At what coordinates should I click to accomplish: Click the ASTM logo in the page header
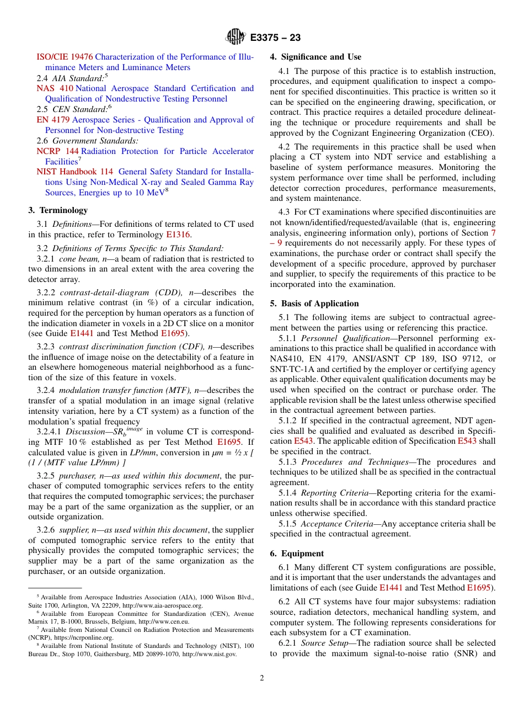(236, 37)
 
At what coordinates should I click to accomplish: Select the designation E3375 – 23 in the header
(275, 38)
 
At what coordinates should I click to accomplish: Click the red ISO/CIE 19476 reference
(65, 57)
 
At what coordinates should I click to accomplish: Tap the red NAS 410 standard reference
(55, 88)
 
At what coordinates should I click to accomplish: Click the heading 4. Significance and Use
(316, 57)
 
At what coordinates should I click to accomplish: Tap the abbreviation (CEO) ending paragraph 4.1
(482, 133)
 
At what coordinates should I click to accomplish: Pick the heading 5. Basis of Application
(314, 304)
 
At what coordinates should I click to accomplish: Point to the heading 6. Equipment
(297, 554)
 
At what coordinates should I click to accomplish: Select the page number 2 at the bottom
(262, 678)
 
